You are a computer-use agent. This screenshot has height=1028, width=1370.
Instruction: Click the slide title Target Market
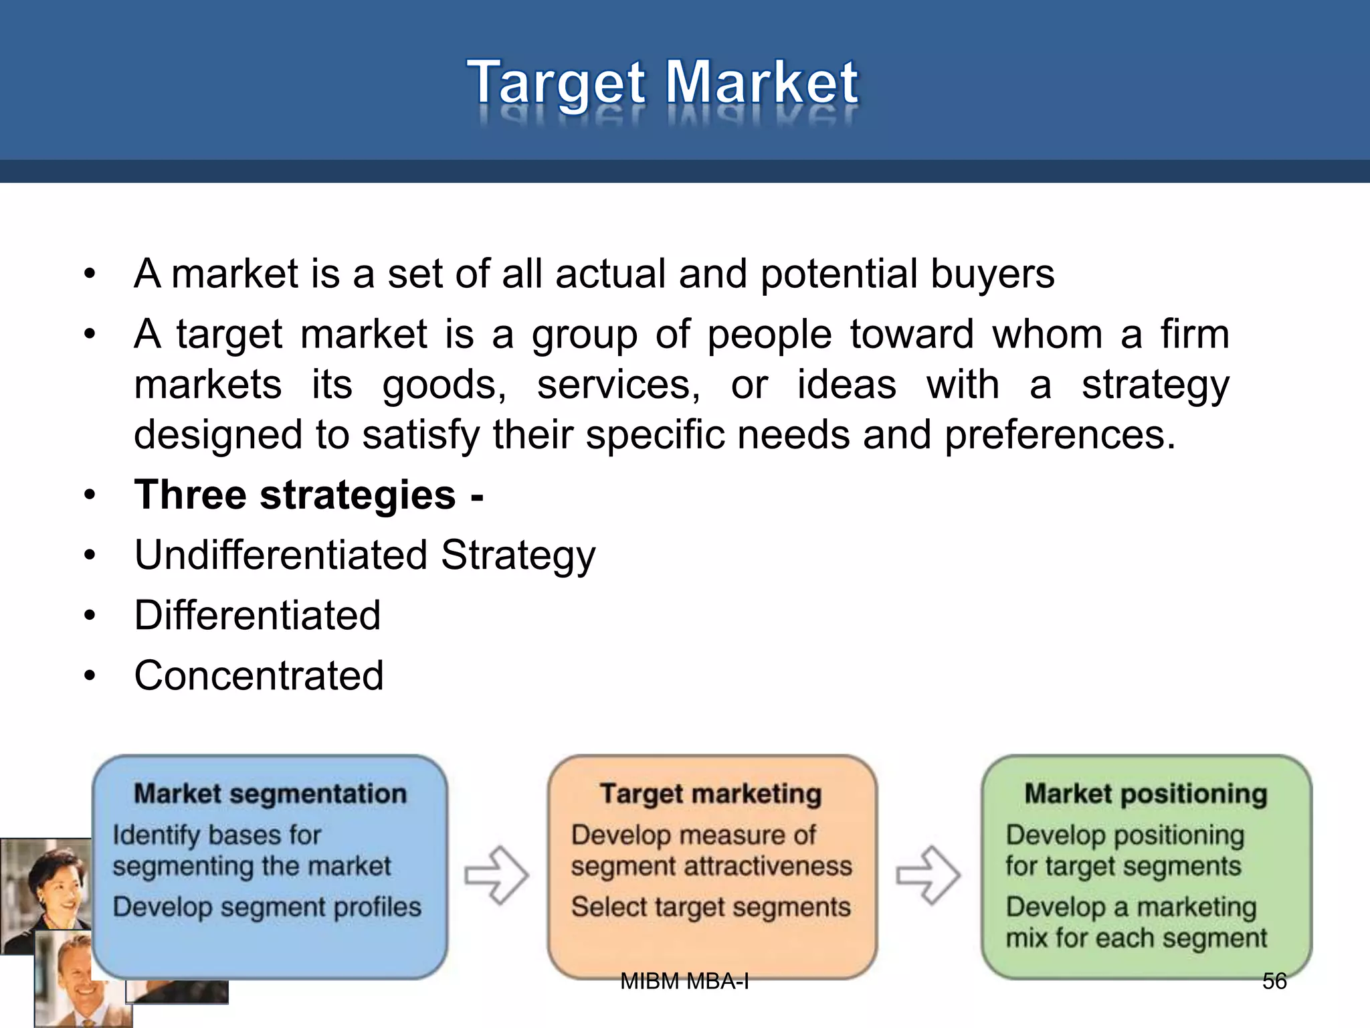pos(662,83)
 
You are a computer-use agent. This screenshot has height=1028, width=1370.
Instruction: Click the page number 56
pos(1274,981)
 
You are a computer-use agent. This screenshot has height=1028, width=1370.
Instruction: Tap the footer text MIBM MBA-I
pos(684,981)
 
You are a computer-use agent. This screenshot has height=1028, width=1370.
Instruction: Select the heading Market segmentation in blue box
pos(270,794)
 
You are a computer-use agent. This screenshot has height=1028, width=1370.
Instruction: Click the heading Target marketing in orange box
pos(710,794)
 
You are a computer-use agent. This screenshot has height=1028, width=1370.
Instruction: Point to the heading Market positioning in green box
pos(1146,794)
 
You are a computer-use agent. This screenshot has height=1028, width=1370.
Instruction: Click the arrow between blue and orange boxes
pos(497,875)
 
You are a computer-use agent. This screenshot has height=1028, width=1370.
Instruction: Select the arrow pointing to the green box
pos(928,875)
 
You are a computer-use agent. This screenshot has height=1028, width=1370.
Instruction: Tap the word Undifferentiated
pos(281,555)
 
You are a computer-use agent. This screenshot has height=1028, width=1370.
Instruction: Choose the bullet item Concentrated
pos(259,675)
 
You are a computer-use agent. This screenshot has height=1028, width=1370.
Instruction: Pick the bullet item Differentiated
pos(258,616)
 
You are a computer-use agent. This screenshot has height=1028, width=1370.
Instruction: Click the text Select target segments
pos(710,908)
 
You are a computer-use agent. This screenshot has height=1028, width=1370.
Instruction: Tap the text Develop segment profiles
pos(267,908)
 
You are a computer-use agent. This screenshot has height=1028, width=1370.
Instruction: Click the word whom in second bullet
pos(1047,334)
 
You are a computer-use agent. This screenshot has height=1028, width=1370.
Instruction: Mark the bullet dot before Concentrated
pos(90,676)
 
